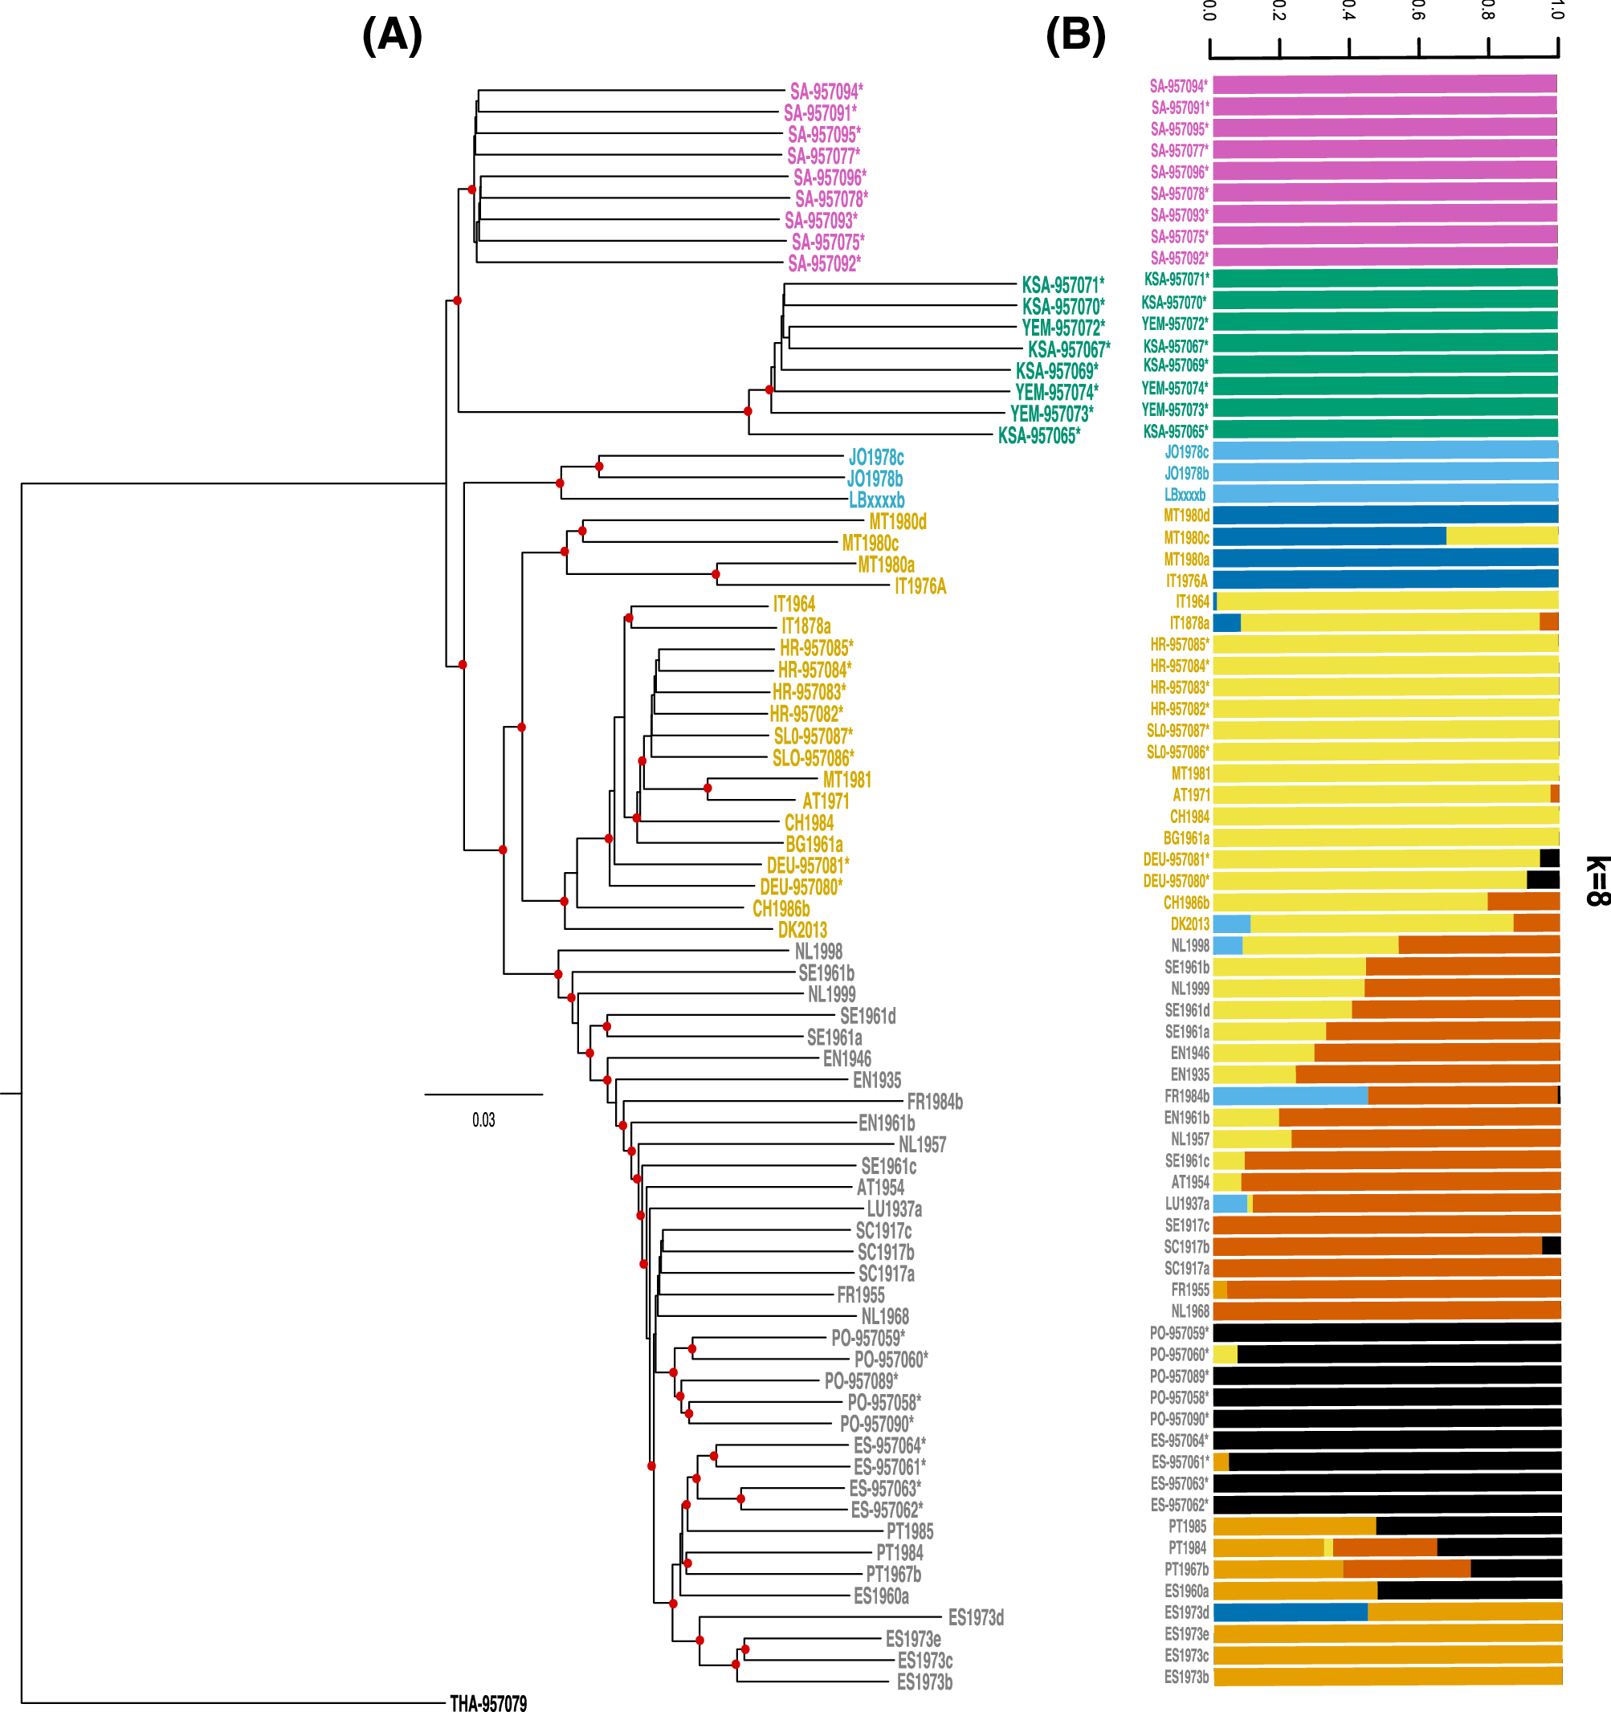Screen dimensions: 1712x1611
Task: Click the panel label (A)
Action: click(392, 36)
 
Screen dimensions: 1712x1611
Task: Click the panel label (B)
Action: click(1075, 36)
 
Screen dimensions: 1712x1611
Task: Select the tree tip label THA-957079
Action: click(488, 1702)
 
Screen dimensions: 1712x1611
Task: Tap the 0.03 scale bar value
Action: click(483, 1119)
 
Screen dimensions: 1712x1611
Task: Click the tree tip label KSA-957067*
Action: click(1069, 349)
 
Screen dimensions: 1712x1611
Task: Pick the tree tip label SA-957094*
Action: click(826, 92)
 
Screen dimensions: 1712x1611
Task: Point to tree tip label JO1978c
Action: click(875, 457)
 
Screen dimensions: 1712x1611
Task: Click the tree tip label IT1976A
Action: click(920, 586)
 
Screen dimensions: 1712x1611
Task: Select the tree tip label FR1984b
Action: click(934, 1102)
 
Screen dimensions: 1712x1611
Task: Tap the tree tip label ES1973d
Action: click(976, 1617)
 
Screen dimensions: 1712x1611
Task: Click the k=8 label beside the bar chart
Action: click(1596, 880)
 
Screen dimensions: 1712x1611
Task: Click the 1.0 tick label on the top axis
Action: click(1556, 10)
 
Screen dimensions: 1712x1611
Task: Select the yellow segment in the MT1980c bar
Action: click(1502, 536)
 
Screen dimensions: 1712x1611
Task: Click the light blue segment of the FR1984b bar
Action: click(1290, 1095)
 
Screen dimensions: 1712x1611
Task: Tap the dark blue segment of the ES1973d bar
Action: click(1290, 1612)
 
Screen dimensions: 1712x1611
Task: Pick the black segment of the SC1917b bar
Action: click(1551, 1245)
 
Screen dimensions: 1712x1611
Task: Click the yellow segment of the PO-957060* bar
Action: click(1225, 1354)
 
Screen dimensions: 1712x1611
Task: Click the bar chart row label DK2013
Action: click(1189, 924)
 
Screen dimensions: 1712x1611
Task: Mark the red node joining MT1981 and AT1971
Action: click(708, 788)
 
